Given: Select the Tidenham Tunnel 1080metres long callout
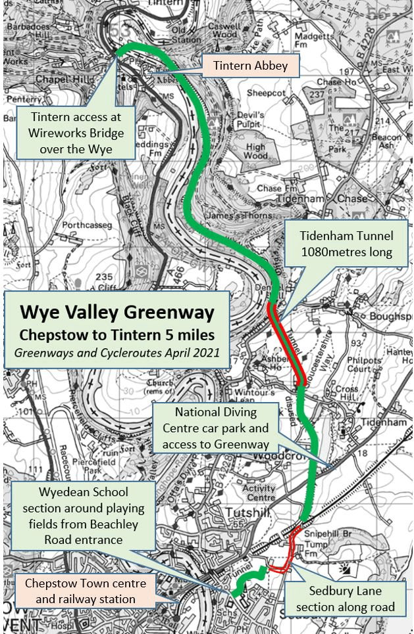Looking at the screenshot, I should pyautogui.click(x=346, y=244).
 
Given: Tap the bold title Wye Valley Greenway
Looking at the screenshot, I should pyautogui.click(x=117, y=311).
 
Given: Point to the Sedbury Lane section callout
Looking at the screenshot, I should pyautogui.click(x=345, y=599).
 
